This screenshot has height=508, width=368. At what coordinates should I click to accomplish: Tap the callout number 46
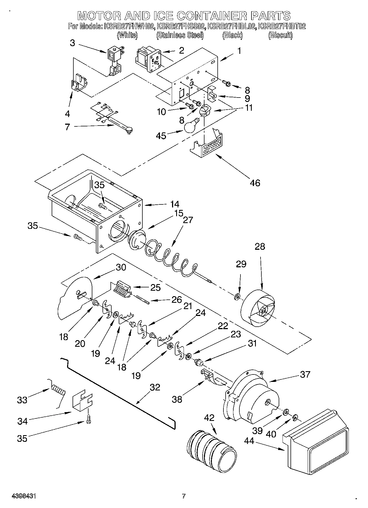(x=255, y=183)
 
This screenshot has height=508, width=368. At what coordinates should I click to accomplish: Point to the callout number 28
(x=260, y=246)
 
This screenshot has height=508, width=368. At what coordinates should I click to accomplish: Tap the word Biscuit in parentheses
(x=280, y=35)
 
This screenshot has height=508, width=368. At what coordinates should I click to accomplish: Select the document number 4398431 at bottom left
(x=24, y=496)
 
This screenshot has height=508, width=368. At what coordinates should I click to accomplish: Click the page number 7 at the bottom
(x=184, y=496)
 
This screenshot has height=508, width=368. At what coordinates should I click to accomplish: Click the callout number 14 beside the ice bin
(x=174, y=204)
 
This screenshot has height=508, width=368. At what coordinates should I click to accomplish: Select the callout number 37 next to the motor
(x=305, y=374)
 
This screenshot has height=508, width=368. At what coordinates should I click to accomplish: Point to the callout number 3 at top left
(x=72, y=43)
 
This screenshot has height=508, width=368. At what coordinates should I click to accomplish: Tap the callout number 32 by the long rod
(x=155, y=387)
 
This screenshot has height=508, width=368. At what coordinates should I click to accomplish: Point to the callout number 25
(x=155, y=287)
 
